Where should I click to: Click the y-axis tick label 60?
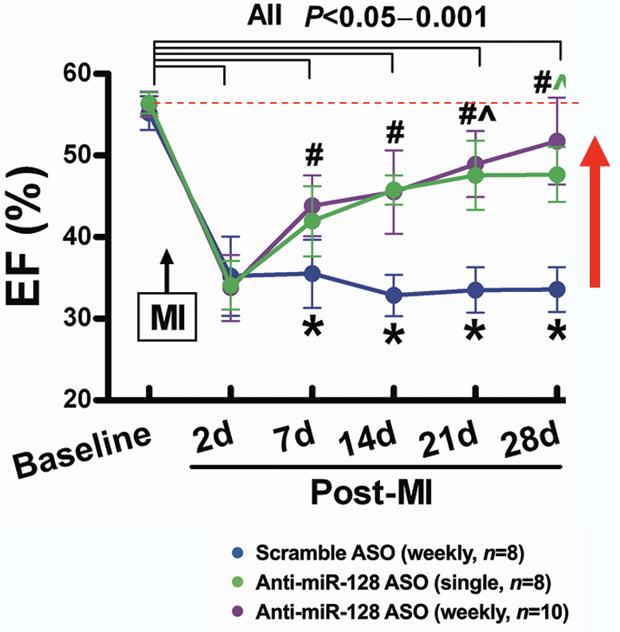88,74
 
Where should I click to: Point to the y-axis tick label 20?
88,400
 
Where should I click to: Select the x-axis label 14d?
369,442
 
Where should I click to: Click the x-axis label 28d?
528,441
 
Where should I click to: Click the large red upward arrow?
590,209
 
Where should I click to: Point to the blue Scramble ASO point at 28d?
559,289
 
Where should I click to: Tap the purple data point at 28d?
559,142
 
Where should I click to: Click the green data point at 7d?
310,221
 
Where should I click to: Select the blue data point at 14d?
393,295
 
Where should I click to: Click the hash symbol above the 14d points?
393,132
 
